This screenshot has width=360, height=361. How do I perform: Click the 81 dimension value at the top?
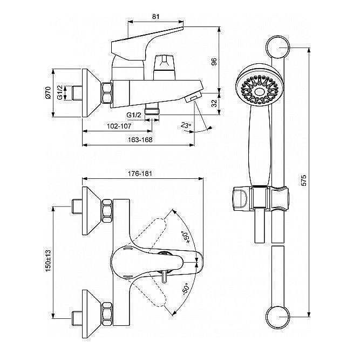tap(155, 17)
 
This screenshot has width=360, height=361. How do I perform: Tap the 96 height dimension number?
tap(214, 62)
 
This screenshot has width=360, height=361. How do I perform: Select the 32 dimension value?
tap(214, 103)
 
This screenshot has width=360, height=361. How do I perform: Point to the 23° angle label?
tap(186, 125)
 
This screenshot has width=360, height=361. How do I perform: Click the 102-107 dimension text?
tap(119, 126)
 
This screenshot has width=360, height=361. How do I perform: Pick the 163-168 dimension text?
tap(140, 140)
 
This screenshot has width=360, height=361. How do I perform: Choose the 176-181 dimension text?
tap(140, 173)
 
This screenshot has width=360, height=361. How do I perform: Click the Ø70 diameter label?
tap(48, 93)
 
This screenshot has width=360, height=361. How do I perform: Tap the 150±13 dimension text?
tap(48, 261)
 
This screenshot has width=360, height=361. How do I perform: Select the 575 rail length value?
tap(304, 180)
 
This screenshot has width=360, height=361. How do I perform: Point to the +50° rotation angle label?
tap(186, 237)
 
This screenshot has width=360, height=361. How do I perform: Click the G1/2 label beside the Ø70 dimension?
tap(59, 92)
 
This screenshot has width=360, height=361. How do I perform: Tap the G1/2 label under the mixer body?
tap(134, 115)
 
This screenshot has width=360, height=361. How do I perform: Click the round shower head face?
tap(260, 90)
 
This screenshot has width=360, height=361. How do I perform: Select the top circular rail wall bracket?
tap(278, 48)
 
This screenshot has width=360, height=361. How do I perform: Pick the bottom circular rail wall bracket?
tap(278, 317)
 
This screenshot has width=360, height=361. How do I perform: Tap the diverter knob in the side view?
tap(165, 68)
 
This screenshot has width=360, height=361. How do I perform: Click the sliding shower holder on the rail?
tap(261, 199)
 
